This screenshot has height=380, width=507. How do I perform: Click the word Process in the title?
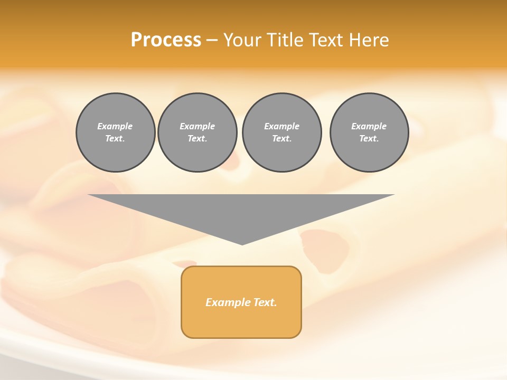(x=166, y=40)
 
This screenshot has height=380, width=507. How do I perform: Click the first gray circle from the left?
(x=115, y=132)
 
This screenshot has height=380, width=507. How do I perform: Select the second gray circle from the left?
(x=197, y=132)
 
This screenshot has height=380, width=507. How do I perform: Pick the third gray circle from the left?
(x=281, y=132)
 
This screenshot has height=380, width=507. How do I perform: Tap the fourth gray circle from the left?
(x=369, y=132)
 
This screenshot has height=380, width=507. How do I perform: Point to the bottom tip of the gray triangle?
(x=242, y=244)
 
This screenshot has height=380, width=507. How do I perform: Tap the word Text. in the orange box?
(x=265, y=302)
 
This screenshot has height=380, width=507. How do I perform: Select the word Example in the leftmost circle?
(x=115, y=127)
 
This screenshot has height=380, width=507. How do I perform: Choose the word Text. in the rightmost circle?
(x=369, y=139)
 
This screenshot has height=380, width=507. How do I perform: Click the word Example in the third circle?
(x=281, y=127)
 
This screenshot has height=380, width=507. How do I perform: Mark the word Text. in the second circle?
(x=197, y=139)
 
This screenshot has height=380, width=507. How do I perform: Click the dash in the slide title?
(x=212, y=40)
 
